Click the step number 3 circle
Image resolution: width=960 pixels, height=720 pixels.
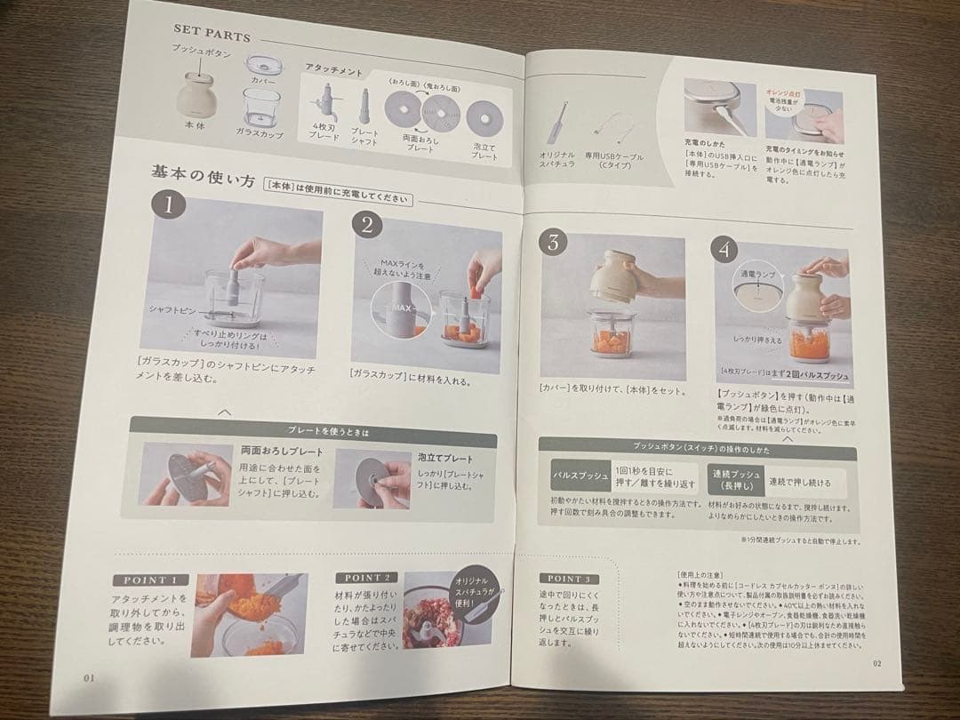click(x=553, y=241)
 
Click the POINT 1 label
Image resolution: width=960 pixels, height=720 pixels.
click(x=150, y=580)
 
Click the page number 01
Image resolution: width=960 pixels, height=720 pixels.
click(x=89, y=676)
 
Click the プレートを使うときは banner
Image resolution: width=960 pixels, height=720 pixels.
click(x=315, y=431)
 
